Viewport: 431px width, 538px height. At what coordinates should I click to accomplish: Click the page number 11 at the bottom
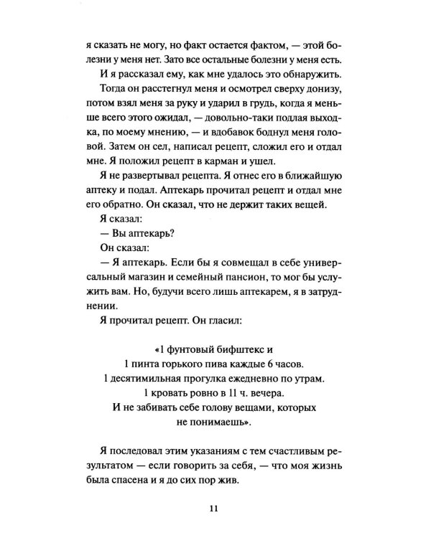[215, 510]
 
